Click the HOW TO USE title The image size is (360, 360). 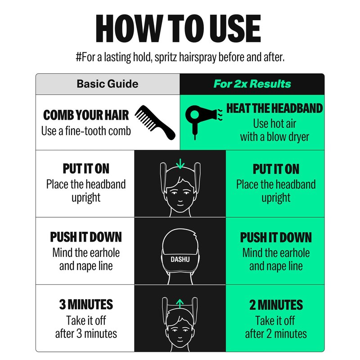tap(178, 28)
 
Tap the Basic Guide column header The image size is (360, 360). tap(108, 84)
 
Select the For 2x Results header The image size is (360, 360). tap(252, 84)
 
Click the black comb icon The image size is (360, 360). tap(155, 122)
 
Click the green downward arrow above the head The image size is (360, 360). tap(180, 164)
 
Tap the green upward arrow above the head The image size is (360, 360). tap(180, 304)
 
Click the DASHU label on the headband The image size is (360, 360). tap(180, 260)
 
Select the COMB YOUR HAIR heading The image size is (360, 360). tap(86, 115)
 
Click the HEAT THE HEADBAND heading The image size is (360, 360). tap(274, 108)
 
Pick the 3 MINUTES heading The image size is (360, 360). tap(86, 305)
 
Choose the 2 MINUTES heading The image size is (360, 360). tap(276, 305)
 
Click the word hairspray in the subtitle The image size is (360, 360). tap(198, 58)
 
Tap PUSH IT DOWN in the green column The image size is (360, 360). tap(276, 238)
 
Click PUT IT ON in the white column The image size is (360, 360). tap(86, 169)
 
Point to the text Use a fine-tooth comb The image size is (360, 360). tap(86, 131)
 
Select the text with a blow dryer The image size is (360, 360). tap(274, 137)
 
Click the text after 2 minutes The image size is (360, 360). tap(276, 334)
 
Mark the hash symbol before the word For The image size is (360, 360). tap(79, 57)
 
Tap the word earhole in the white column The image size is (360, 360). tap(100, 253)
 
